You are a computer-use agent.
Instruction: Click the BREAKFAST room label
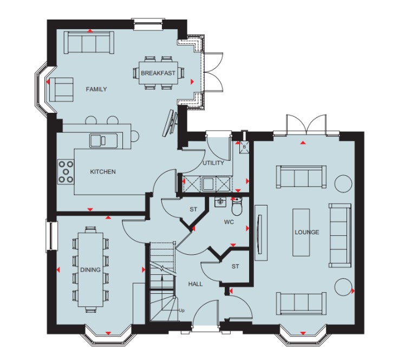(x=158, y=73)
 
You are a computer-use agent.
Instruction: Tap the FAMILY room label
(x=96, y=89)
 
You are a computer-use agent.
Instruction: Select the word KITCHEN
(x=103, y=172)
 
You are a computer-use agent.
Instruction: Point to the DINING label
(x=90, y=270)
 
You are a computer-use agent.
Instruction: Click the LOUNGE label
(x=306, y=232)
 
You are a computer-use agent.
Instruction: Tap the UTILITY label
(x=213, y=163)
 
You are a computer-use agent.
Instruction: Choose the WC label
(x=229, y=222)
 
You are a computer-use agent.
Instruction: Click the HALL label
(x=195, y=284)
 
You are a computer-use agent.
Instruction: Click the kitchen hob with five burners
(x=66, y=172)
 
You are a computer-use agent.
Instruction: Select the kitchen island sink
(x=103, y=140)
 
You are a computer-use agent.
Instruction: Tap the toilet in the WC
(x=237, y=206)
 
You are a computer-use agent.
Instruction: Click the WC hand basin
(x=220, y=202)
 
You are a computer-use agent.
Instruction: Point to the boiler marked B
(x=244, y=147)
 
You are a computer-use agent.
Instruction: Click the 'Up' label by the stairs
(x=182, y=311)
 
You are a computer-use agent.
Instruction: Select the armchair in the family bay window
(x=61, y=89)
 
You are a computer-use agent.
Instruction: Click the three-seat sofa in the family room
(x=89, y=42)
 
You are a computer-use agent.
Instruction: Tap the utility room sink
(x=208, y=184)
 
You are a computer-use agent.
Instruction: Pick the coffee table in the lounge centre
(x=301, y=233)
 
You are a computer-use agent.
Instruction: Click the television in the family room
(x=169, y=123)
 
